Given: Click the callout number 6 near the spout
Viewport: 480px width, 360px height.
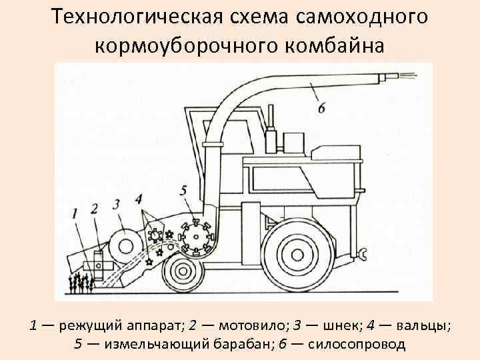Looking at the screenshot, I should [x=321, y=107].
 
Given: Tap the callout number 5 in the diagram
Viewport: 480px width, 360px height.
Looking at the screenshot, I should [x=184, y=191].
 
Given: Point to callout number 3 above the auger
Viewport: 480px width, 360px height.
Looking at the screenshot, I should [x=117, y=203].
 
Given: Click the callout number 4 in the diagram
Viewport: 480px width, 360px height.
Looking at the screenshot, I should [x=138, y=198].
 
